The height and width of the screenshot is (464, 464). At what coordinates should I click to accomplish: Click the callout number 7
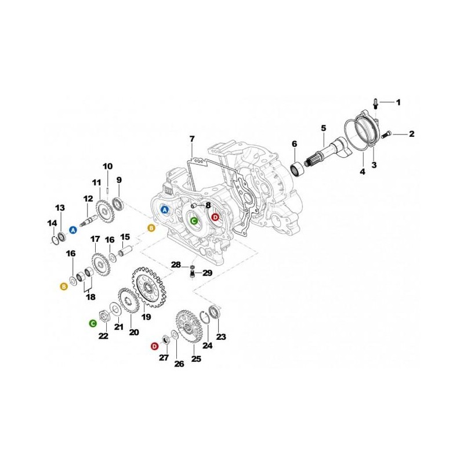(x=193, y=139)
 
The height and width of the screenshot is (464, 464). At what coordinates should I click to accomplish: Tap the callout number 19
(x=146, y=317)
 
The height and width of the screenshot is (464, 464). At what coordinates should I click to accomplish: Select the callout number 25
(x=196, y=360)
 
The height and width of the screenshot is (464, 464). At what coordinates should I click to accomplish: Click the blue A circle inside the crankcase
(x=165, y=209)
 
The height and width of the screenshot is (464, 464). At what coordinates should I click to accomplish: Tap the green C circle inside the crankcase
(x=194, y=220)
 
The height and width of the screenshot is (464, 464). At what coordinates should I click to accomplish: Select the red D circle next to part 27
(x=154, y=346)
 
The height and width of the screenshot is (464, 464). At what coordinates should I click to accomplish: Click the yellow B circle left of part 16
(x=64, y=286)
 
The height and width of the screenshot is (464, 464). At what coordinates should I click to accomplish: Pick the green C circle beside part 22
(x=93, y=322)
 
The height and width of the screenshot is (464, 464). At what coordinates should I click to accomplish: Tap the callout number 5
(x=323, y=128)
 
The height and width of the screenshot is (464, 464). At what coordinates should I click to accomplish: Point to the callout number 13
(x=60, y=208)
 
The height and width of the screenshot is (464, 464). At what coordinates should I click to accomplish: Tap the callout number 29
(x=207, y=273)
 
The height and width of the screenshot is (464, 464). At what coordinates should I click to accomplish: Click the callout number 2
(x=412, y=135)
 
